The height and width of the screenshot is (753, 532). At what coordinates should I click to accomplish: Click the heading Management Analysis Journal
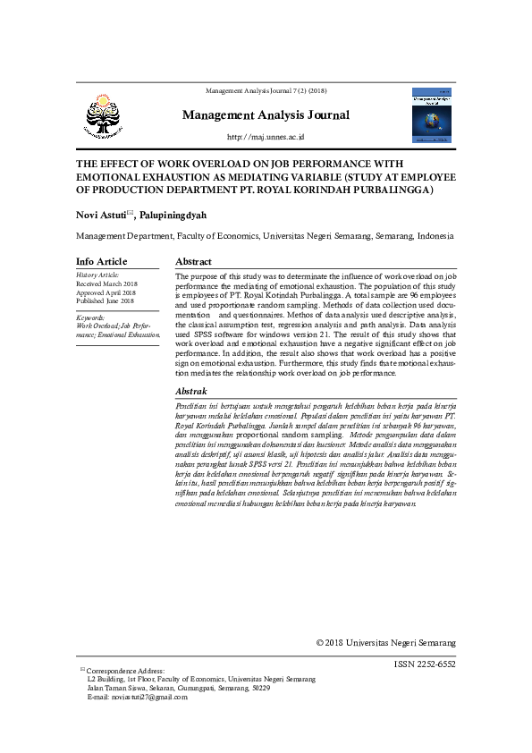click(x=266, y=114)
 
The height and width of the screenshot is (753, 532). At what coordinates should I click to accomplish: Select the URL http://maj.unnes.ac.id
click(x=266, y=137)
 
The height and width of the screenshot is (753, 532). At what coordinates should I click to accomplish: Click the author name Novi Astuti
click(x=99, y=215)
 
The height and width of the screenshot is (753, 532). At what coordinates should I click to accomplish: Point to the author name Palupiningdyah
click(x=173, y=215)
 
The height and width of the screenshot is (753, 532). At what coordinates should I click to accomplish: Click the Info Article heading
click(x=101, y=261)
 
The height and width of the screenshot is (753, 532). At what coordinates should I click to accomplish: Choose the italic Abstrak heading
click(x=191, y=392)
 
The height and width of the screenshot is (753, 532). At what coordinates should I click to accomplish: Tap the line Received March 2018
click(x=106, y=283)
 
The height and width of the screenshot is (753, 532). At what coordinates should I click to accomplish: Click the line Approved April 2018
click(x=106, y=292)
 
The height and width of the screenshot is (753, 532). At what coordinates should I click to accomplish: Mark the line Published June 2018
click(x=105, y=301)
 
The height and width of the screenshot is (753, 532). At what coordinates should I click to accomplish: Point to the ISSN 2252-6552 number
click(x=424, y=664)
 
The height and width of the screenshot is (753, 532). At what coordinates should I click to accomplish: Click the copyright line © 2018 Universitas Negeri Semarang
click(x=386, y=643)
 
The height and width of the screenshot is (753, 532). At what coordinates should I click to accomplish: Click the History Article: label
click(x=97, y=275)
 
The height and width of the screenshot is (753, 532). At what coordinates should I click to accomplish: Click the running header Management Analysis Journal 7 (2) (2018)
click(x=266, y=91)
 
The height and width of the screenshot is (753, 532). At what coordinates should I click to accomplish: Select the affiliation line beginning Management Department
click(x=264, y=236)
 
